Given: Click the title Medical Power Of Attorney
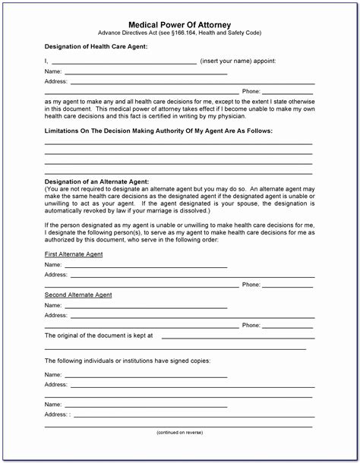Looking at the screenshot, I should click(x=179, y=24).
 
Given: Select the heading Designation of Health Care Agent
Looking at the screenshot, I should click(x=96, y=47).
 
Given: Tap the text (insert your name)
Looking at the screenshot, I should click(x=227, y=60).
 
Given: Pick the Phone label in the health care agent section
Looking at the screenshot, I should click(x=251, y=91).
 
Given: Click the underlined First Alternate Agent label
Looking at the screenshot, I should click(x=74, y=254).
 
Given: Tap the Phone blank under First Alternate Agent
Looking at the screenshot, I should click(x=288, y=285).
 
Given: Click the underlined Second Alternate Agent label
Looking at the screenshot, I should click(x=78, y=294).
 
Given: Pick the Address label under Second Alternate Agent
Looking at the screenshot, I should click(x=55, y=314).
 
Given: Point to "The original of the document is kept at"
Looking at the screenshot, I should click(x=99, y=335).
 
